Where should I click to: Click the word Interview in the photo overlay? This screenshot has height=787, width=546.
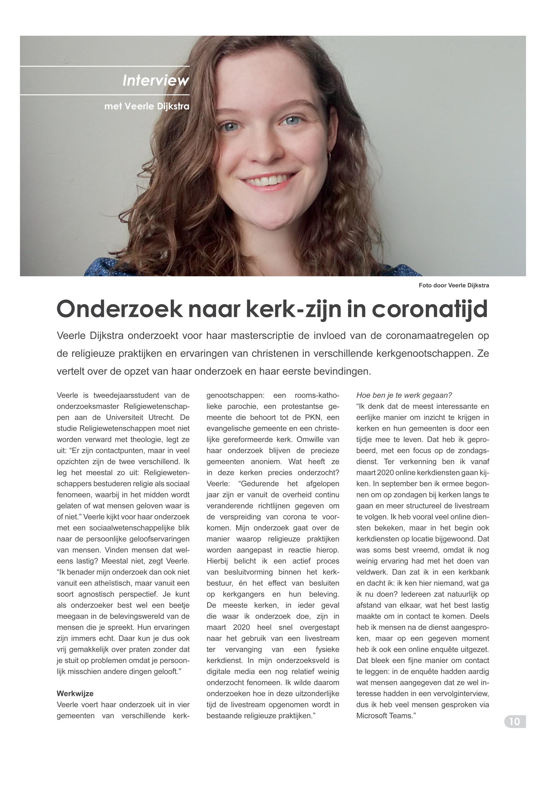point(156,81)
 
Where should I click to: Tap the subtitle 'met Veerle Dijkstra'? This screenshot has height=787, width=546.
point(147,107)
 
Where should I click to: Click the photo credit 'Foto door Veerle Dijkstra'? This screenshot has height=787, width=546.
point(454,285)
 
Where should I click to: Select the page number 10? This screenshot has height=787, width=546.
point(515,722)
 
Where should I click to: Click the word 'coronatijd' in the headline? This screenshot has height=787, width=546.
point(429,309)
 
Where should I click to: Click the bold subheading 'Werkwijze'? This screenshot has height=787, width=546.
point(75,693)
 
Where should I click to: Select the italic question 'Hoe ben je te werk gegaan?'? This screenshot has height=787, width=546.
point(404,395)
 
